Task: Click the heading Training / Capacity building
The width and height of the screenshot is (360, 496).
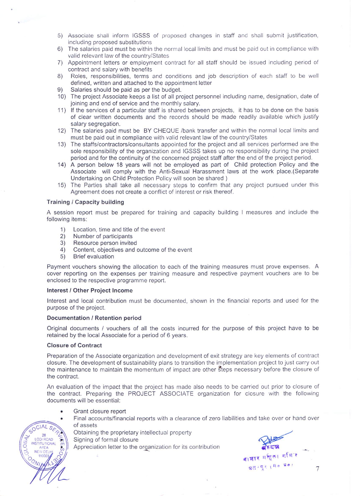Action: click(85, 202)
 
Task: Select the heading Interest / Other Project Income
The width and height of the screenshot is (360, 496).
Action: click(90, 290)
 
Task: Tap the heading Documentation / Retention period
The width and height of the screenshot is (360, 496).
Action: click(94, 318)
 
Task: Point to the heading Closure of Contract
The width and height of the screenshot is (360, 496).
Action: click(74, 345)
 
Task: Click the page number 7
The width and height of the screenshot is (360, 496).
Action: click(317, 469)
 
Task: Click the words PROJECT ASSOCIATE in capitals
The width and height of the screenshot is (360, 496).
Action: click(161, 394)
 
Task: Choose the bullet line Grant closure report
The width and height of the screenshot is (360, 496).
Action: click(99, 411)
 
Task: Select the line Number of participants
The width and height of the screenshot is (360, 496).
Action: click(103, 236)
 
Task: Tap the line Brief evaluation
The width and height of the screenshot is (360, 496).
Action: click(93, 257)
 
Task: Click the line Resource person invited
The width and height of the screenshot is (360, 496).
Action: click(105, 243)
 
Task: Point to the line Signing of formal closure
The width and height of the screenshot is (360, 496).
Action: click(106, 440)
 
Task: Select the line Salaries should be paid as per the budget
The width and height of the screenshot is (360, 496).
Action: click(126, 90)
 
